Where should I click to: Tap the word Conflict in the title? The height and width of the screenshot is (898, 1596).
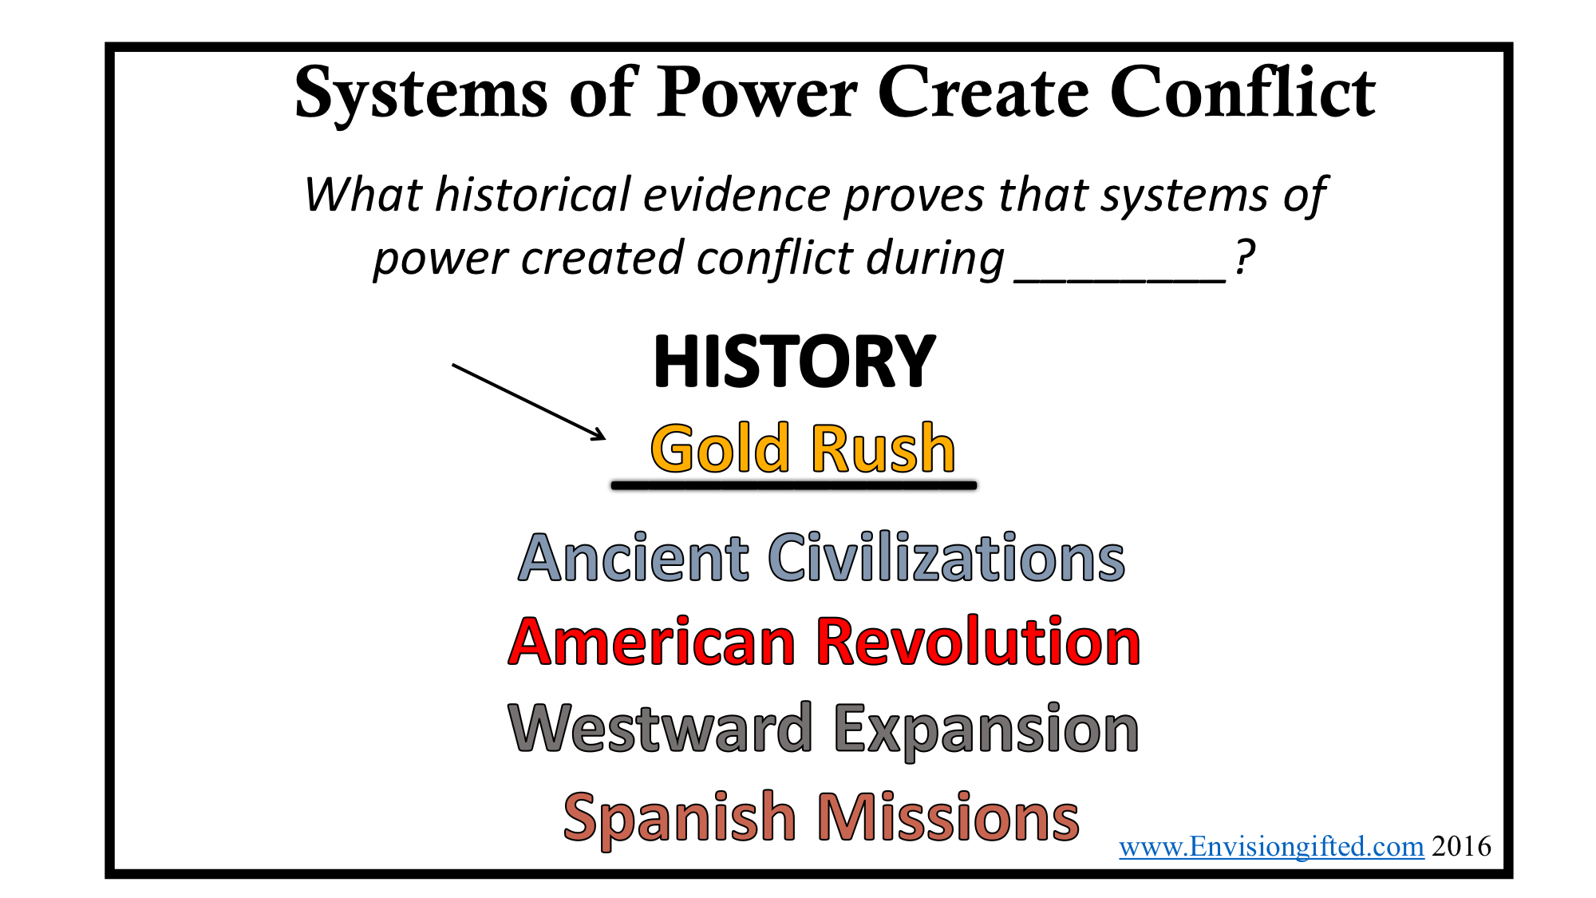1243,92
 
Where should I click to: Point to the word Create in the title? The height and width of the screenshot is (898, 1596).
983,93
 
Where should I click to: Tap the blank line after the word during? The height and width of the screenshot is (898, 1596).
1120,280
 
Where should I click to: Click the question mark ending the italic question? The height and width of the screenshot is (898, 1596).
1244,257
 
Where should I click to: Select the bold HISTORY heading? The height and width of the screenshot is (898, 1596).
794,362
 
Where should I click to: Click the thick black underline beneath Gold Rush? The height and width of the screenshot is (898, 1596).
794,485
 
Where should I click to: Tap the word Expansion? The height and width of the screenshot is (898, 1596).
986,730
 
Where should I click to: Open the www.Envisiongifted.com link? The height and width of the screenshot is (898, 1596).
1271,847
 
